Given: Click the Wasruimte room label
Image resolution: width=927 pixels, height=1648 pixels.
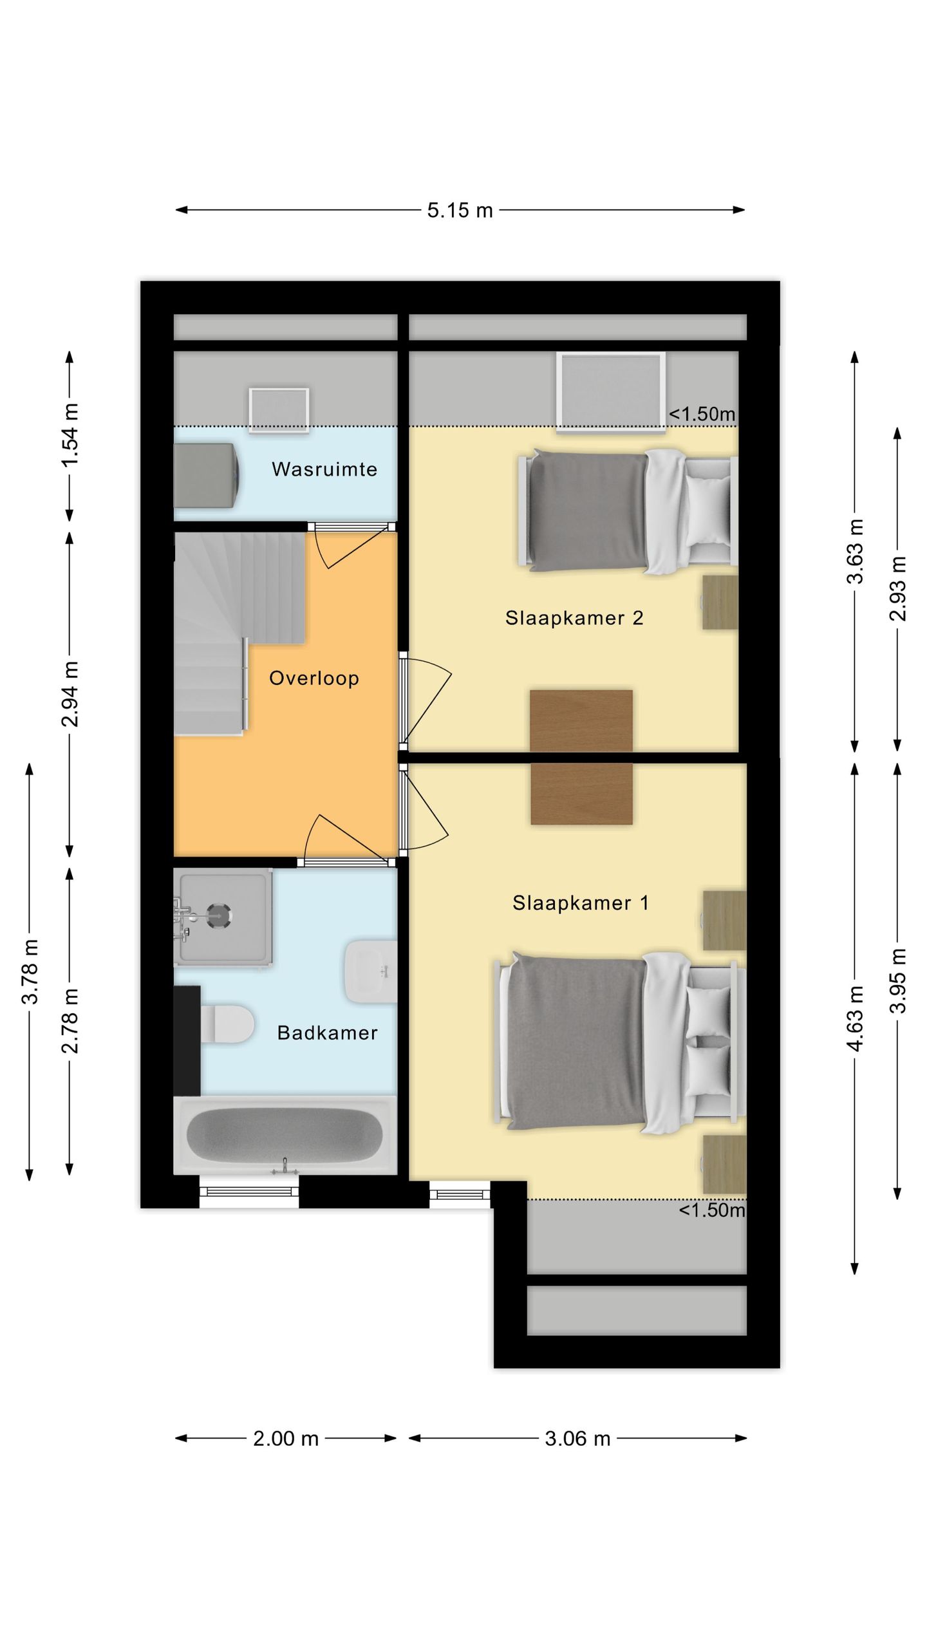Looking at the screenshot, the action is coord(324,469).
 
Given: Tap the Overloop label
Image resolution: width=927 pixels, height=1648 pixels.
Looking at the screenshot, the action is coord(314,678).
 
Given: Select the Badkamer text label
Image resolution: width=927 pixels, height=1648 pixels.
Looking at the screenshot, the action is coord(327,1033).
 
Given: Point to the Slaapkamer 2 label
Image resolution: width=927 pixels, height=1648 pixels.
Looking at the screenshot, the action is coord(574,618).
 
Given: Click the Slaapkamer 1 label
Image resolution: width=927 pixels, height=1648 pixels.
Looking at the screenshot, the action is coord(581,903).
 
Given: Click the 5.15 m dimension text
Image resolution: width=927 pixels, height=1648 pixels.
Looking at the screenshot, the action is coord(460,211).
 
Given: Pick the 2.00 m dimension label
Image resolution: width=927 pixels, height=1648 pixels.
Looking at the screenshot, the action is coord(286,1438).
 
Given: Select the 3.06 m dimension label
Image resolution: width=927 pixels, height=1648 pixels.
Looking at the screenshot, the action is coord(577,1438).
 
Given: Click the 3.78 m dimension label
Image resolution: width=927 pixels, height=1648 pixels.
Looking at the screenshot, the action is coord(30,971).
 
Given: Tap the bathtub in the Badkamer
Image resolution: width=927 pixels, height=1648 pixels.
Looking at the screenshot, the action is coord(285,1136).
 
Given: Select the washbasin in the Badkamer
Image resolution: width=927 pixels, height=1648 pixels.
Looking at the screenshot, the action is coord(371,971).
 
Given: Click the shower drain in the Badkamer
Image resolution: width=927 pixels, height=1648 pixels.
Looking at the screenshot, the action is coord(218,914).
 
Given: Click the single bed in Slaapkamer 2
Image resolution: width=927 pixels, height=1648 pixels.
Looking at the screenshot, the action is coord(628,511).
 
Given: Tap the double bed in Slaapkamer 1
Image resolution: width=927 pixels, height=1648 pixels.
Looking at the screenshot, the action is coord(620,1043).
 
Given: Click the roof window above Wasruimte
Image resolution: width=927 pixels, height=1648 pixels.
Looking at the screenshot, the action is coord(279,409).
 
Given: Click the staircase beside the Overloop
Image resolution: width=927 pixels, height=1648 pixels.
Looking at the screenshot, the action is coord(239,632).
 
